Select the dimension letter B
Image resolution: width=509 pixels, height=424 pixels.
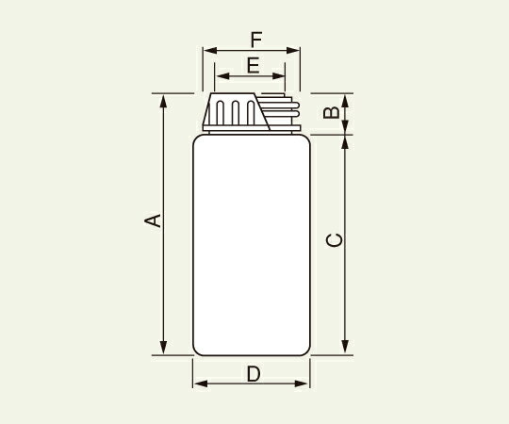click(331, 114)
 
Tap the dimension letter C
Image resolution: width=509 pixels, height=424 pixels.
click(333, 240)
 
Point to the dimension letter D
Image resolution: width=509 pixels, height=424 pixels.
click(253, 374)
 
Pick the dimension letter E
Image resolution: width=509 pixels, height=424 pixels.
click(252, 65)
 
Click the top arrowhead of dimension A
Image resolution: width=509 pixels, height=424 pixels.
click(164, 99)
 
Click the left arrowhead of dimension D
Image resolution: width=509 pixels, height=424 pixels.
click(198, 384)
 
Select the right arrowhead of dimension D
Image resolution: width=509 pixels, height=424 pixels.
click(304, 384)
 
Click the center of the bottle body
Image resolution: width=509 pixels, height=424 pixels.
click(252, 245)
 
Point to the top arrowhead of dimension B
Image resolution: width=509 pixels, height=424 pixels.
click(346, 99)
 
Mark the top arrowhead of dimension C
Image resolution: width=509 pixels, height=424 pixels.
click(346, 141)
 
